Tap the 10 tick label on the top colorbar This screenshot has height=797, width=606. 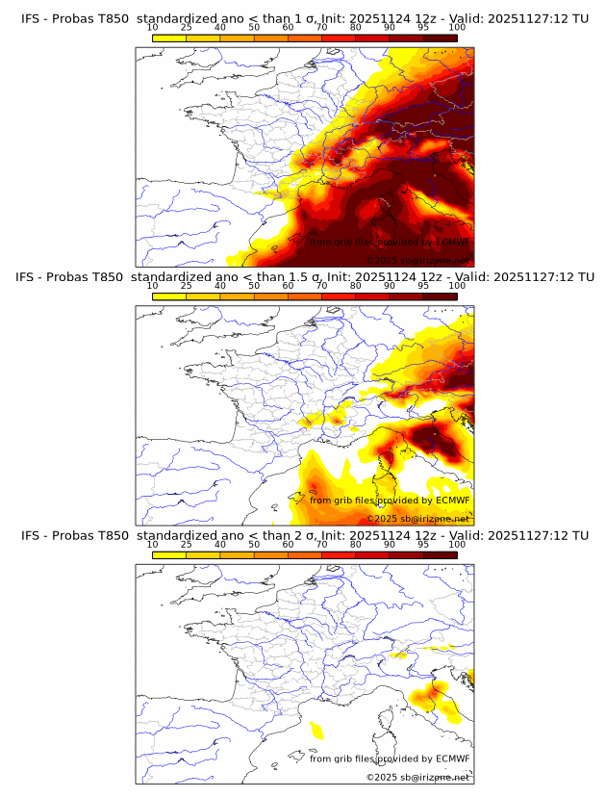pos(153,28)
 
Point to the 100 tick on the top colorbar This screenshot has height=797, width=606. pos(457,28)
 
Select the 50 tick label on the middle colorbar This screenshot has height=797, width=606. pos(254,286)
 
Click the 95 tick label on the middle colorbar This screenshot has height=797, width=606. pos(423,286)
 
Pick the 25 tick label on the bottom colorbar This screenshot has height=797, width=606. pos(187,545)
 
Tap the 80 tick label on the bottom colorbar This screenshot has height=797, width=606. pos(356,545)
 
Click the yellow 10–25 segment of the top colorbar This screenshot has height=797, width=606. pos(169,38)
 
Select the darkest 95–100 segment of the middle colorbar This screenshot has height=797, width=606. pos(441,296)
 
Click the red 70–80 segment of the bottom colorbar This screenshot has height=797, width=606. pos(339,554)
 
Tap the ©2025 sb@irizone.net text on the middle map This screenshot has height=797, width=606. pos(417,518)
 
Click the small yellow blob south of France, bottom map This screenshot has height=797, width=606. pos(316,731)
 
